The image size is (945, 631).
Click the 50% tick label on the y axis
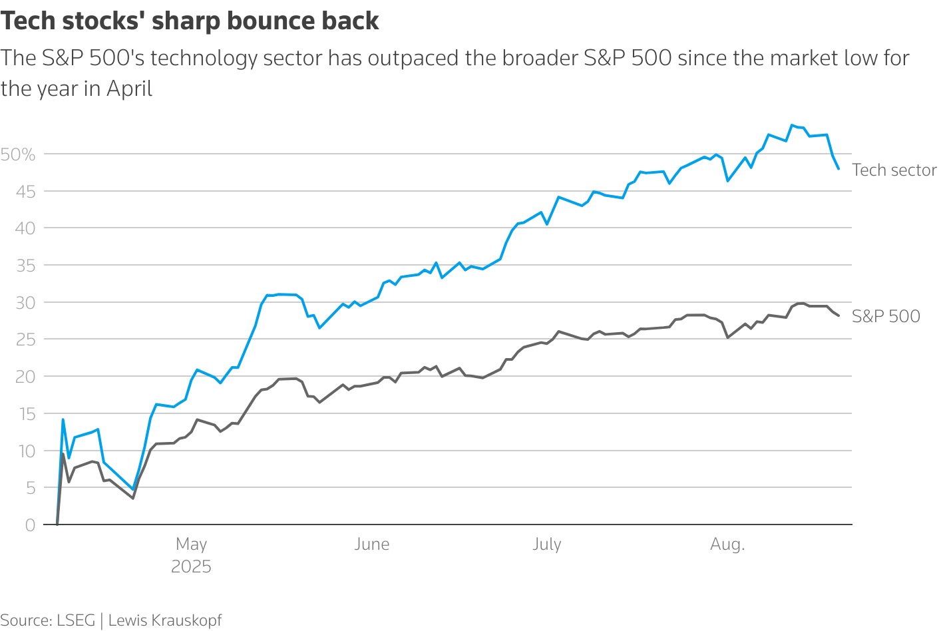tap(18, 154)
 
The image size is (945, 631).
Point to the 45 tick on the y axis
tap(25, 192)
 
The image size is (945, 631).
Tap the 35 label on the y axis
tap(25, 266)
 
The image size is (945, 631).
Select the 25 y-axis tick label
tap(25, 339)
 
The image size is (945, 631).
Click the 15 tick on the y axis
tap(25, 414)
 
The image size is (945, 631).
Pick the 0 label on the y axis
tap(30, 525)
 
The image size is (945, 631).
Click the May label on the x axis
tap(191, 544)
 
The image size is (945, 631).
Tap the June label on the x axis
tap(371, 544)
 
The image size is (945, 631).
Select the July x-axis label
tap(546, 544)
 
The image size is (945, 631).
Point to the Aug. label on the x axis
tap(727, 544)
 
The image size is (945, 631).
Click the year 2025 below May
tap(191, 567)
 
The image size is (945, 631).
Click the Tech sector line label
tap(894, 170)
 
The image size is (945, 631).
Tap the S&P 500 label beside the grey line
tap(886, 316)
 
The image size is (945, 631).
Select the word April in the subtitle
tap(129, 89)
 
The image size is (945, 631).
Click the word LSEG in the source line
tap(76, 620)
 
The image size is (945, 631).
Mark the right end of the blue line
tap(839, 169)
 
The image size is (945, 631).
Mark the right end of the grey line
tap(839, 315)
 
